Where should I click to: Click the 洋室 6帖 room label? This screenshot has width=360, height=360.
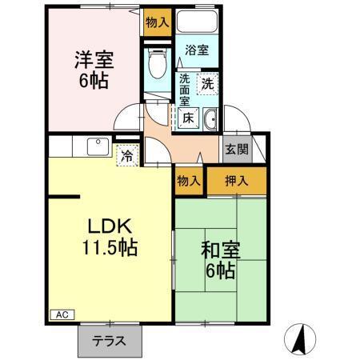tap(93, 70)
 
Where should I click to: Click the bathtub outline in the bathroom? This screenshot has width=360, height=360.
tap(197, 23)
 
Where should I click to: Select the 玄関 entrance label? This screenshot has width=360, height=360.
tap(236, 149)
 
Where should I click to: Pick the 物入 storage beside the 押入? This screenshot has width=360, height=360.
tap(189, 181)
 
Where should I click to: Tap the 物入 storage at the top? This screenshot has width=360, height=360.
tap(157, 22)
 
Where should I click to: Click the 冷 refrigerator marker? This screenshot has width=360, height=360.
tap(126, 155)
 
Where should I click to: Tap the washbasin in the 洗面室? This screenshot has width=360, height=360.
tap(210, 121)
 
